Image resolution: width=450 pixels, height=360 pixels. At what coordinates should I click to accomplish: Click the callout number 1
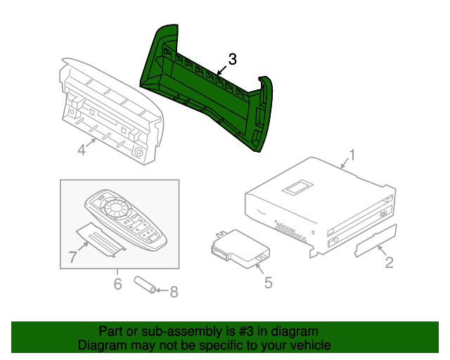point(352,155)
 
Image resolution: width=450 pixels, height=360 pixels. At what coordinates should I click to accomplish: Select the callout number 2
point(387,264)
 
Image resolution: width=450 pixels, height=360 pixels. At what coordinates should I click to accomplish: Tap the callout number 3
point(233,60)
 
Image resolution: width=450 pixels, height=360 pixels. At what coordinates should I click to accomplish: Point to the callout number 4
point(82,150)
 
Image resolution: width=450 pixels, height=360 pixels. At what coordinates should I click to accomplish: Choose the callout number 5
point(268,283)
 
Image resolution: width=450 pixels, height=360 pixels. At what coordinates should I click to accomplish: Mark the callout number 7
point(72,257)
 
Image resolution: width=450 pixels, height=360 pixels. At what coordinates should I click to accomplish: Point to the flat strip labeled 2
point(376,240)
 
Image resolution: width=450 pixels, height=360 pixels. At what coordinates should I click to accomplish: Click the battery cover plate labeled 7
point(98,239)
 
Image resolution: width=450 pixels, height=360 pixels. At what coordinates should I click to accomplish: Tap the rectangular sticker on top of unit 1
point(297,186)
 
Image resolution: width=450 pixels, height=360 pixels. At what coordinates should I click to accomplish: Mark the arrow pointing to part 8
point(161,290)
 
